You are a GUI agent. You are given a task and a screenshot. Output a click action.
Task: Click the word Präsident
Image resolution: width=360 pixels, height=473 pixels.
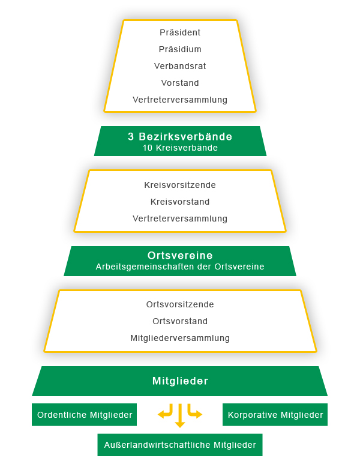180,32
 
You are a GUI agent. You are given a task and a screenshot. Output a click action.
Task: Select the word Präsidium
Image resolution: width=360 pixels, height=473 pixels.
180,49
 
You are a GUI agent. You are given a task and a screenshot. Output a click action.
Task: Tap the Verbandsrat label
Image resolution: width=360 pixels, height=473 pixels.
180,66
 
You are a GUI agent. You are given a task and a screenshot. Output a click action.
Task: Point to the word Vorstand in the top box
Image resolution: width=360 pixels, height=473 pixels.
180,83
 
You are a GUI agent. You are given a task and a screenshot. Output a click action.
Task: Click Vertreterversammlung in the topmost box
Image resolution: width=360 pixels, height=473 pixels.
180,100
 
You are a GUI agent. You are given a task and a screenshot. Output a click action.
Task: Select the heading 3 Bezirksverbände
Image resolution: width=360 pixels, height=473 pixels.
180,137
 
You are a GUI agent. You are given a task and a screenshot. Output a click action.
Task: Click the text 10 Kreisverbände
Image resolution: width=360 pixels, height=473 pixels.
180,148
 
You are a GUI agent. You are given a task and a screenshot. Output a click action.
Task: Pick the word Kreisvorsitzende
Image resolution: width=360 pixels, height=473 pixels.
180,185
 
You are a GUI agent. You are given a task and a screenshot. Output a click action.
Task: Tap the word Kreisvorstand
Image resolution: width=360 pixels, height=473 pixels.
180,202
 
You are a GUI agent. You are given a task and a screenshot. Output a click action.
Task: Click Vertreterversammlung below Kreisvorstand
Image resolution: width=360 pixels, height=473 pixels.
180,218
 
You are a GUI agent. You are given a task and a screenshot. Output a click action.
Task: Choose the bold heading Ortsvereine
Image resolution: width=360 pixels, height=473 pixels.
180,256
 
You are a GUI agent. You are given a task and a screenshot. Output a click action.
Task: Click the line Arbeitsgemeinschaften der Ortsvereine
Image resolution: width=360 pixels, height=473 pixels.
180,267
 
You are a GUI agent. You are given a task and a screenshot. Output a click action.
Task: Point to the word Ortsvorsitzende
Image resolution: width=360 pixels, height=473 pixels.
180,304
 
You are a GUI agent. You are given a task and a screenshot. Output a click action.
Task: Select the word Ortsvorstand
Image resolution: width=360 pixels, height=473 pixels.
180,321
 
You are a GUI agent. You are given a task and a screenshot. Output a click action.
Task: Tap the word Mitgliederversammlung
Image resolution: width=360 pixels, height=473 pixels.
180,338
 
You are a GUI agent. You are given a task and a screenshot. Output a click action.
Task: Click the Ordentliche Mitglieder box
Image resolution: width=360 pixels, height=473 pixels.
84,415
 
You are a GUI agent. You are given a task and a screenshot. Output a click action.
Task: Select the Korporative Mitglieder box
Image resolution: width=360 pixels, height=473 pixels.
275,415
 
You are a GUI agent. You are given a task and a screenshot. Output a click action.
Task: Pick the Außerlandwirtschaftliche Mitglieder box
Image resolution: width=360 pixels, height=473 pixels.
180,445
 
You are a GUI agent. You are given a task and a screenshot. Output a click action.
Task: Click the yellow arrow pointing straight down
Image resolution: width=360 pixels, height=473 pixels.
180,416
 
